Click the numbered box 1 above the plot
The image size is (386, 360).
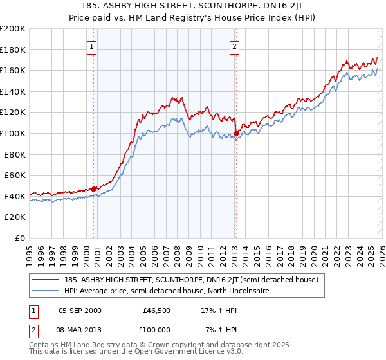93,46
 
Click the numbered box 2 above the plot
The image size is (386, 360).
235,46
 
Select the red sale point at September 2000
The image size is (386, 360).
94,189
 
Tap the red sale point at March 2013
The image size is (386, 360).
236,134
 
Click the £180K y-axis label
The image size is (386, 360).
14,50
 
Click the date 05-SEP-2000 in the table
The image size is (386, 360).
80,310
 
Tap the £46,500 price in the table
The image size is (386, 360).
154,310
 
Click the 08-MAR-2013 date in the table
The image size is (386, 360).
80,330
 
